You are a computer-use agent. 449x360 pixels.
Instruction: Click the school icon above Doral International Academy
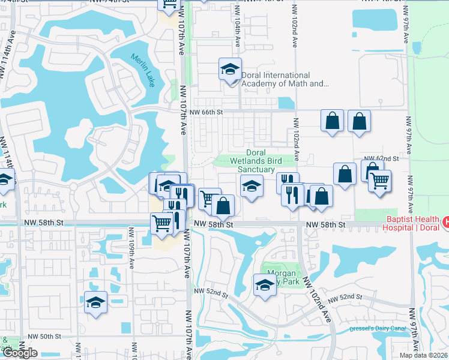click(229, 70)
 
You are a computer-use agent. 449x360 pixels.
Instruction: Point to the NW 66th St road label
click(206, 112)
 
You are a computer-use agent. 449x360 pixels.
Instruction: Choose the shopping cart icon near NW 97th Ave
click(379, 181)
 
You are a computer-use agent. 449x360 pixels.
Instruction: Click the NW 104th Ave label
click(238, 38)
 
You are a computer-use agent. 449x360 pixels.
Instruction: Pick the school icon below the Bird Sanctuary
click(252, 186)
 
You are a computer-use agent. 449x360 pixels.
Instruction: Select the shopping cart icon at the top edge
click(169, 5)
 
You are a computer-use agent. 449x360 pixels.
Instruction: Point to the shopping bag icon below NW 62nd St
click(345, 175)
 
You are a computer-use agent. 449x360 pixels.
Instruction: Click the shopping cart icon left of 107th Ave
click(162, 224)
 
